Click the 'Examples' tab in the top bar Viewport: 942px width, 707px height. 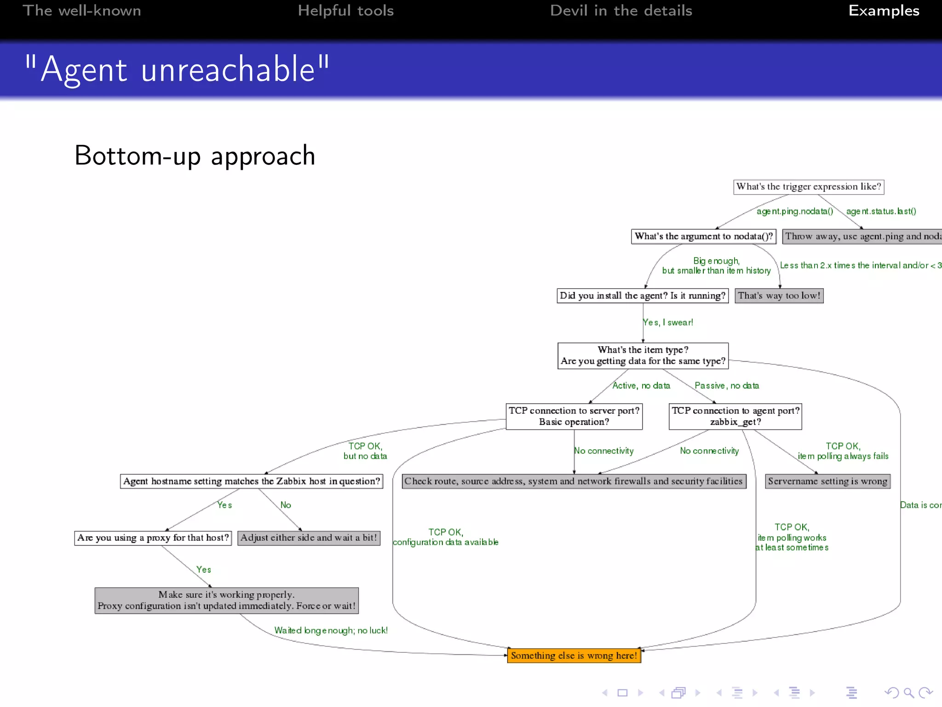coord(884,11)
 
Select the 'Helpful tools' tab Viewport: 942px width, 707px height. coord(345,11)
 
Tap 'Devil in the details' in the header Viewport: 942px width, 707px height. coord(621,11)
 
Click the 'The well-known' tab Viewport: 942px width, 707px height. coord(82,11)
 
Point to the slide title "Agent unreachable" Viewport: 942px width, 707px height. coord(177,70)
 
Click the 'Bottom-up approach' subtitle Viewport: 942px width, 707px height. coord(195,156)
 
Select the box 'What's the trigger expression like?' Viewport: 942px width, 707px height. coord(809,187)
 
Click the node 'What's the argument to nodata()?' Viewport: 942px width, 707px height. coord(704,237)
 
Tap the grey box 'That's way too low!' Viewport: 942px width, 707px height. coord(779,296)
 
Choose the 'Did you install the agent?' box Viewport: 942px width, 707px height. coord(643,296)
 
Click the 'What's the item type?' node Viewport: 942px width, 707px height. coord(643,356)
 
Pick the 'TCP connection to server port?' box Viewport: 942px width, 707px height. coord(574,417)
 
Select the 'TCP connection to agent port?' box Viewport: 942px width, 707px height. coord(735,417)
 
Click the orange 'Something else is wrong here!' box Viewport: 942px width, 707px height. coord(574,655)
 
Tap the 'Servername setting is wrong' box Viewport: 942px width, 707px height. coord(827,481)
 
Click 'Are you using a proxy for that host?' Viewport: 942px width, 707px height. coord(153,538)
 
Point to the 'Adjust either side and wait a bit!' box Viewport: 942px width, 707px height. coord(309,538)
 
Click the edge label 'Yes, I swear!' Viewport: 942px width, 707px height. coord(668,323)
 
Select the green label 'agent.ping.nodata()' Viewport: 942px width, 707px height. coord(795,211)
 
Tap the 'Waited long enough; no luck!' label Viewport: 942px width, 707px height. coord(331,631)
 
